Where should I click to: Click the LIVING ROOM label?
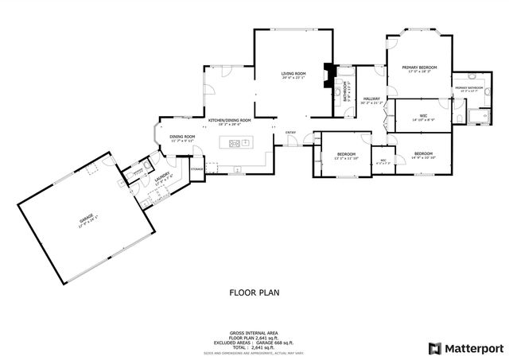(x=293, y=74)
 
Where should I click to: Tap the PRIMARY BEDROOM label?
(x=420, y=68)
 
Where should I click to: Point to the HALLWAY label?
(x=371, y=99)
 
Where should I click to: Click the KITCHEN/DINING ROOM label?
(x=229, y=120)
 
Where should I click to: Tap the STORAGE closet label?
(x=196, y=168)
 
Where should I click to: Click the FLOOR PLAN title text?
(x=254, y=292)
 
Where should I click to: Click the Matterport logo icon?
(x=433, y=348)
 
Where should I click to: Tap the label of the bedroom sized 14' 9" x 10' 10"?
(x=423, y=153)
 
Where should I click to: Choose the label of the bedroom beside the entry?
(x=346, y=153)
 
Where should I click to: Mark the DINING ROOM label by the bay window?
(x=182, y=137)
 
